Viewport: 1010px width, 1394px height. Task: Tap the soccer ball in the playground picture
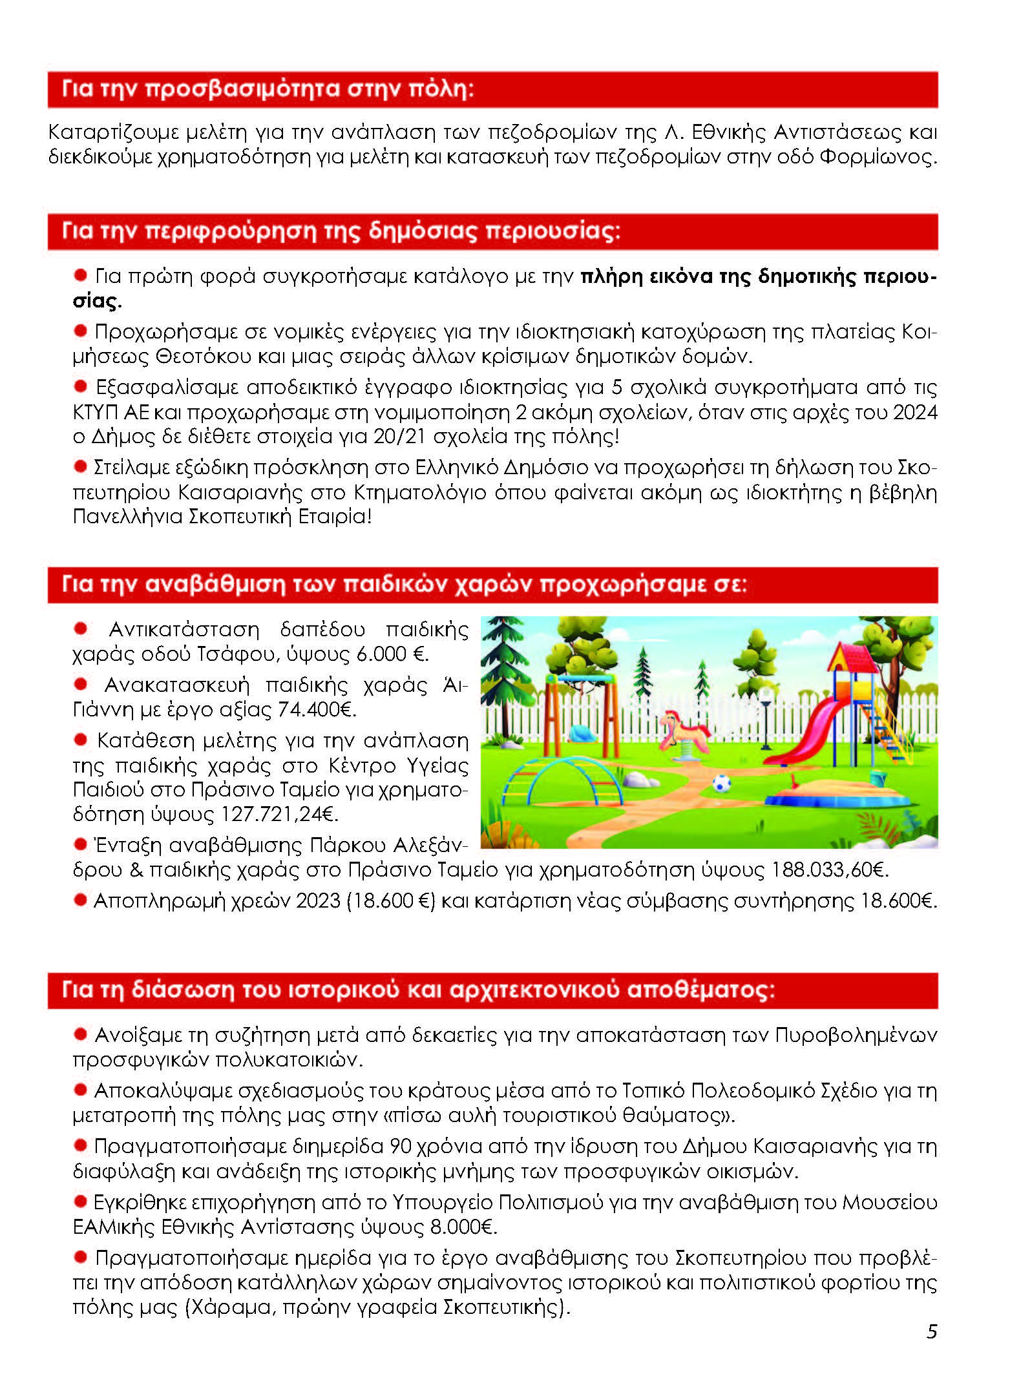[x=721, y=784]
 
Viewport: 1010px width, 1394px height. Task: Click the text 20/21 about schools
[x=400, y=437]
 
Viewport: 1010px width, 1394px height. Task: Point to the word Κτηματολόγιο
[x=420, y=492]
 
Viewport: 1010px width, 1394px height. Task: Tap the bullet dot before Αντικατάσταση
[x=81, y=629]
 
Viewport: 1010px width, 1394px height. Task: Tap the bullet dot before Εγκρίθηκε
[x=81, y=1202]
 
